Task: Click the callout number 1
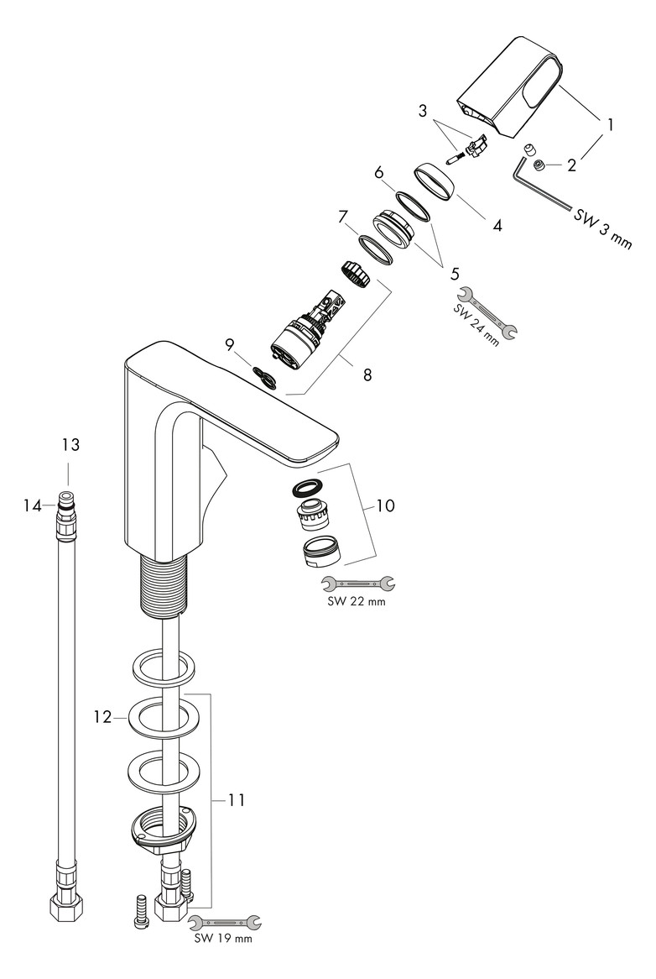click(x=611, y=125)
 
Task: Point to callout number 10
click(x=385, y=506)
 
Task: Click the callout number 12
click(x=102, y=717)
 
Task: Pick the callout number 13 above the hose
click(x=70, y=445)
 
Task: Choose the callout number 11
click(x=236, y=800)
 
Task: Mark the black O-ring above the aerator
click(x=307, y=487)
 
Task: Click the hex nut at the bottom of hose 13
click(x=67, y=908)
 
